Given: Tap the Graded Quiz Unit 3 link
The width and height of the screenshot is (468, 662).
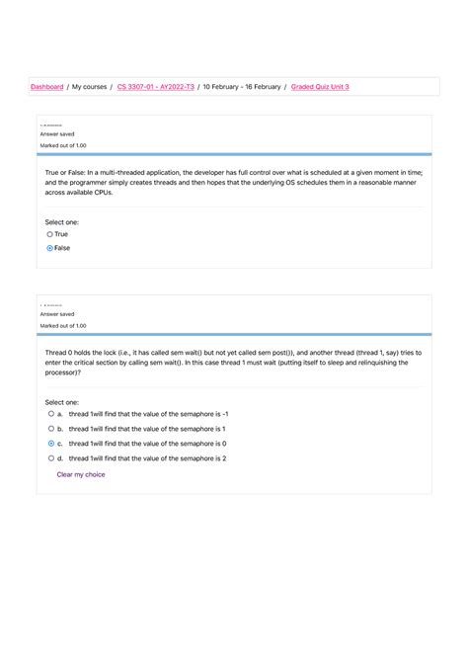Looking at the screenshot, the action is (x=320, y=87).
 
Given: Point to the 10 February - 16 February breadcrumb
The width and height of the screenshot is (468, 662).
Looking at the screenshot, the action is (x=243, y=87).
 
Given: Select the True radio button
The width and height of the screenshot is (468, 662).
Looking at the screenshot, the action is (x=50, y=235).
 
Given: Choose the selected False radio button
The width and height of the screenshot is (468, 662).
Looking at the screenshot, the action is (x=50, y=248).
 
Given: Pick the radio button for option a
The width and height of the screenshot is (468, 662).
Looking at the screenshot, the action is (x=50, y=415).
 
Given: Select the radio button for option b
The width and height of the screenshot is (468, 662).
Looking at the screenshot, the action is (x=50, y=430).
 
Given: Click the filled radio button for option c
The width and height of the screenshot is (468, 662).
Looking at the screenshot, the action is (x=50, y=444).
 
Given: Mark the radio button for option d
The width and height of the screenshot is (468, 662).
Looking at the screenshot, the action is (x=50, y=458).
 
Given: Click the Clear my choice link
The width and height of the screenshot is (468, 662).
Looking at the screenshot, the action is (x=81, y=474).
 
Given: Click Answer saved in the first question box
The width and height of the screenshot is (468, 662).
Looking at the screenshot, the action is (x=57, y=133).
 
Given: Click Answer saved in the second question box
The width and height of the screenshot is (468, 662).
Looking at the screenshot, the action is (x=57, y=313).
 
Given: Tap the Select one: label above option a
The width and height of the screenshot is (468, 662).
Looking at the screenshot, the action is (x=62, y=403).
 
